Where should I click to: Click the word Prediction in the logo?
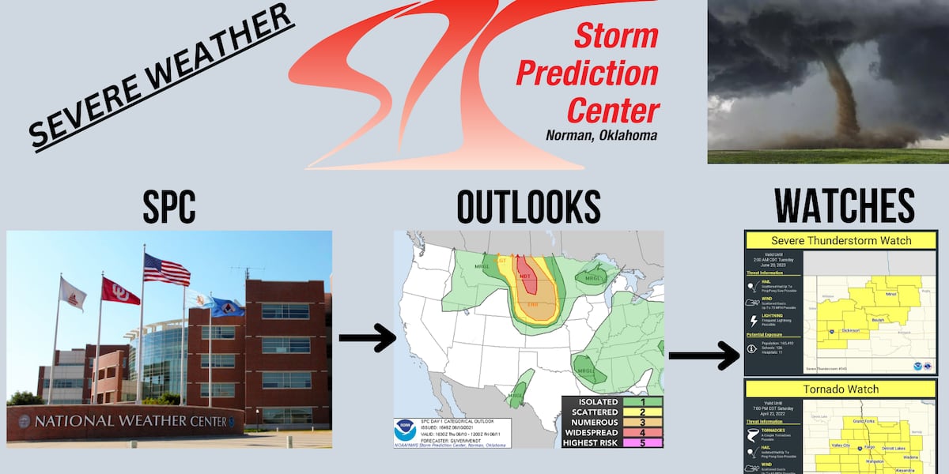point(587,73)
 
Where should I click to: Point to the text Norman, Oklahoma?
point(601,136)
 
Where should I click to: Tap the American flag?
point(166,269)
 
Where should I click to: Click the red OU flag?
point(120,292)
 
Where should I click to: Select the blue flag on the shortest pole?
point(228,307)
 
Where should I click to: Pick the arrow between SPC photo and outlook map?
point(367,338)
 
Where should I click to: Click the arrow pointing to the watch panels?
point(703,355)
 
